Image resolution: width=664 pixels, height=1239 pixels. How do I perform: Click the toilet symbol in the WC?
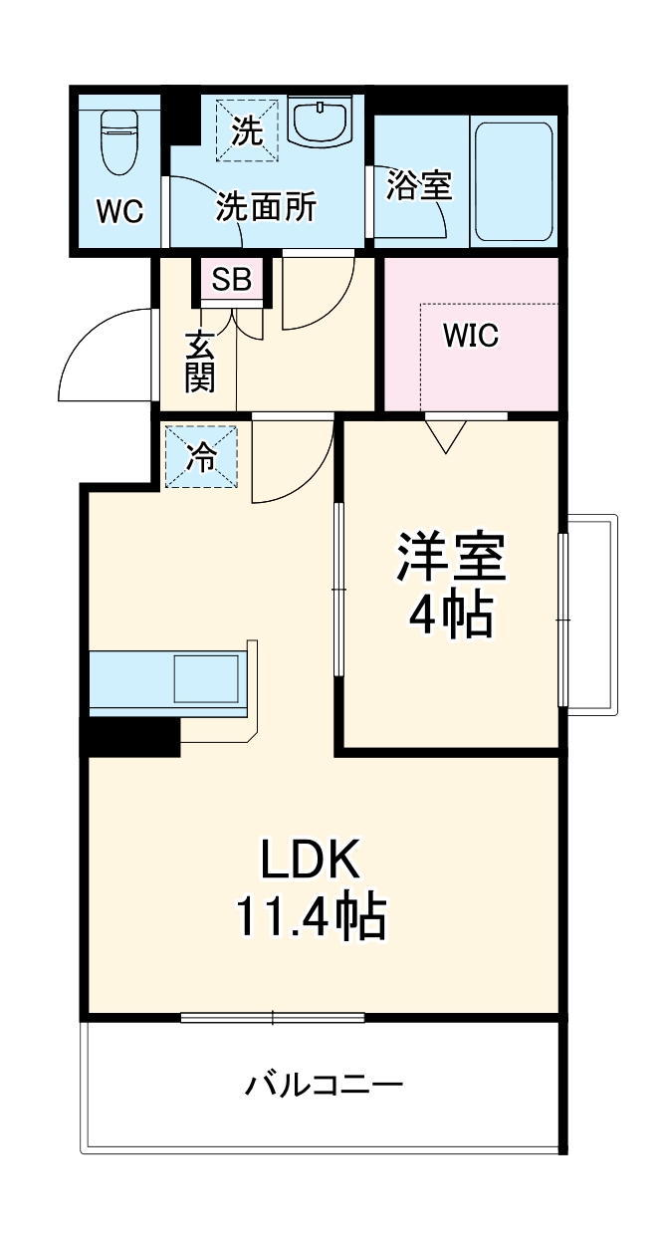click(x=118, y=142)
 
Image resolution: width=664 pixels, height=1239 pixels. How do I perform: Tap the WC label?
click(x=120, y=211)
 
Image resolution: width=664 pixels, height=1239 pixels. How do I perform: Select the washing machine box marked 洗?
click(x=247, y=130)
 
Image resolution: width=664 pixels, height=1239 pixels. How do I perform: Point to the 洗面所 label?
click(x=266, y=207)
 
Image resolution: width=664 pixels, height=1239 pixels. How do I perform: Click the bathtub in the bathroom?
click(x=514, y=180)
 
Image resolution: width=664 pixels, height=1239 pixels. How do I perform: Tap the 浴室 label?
click(x=419, y=184)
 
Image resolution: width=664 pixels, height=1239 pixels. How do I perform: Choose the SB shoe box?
click(x=232, y=280)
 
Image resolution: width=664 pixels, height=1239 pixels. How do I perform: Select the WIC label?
click(x=471, y=335)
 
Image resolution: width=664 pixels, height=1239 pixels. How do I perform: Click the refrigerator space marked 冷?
click(x=201, y=456)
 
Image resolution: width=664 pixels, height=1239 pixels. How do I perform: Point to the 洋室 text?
click(x=451, y=556)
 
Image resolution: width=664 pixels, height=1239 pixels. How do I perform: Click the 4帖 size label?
click(x=451, y=616)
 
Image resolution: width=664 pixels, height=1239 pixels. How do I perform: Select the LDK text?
click(x=312, y=859)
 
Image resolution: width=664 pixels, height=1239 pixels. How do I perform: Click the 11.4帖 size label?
click(x=312, y=916)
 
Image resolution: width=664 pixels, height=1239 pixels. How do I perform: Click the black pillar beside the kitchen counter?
click(x=130, y=736)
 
